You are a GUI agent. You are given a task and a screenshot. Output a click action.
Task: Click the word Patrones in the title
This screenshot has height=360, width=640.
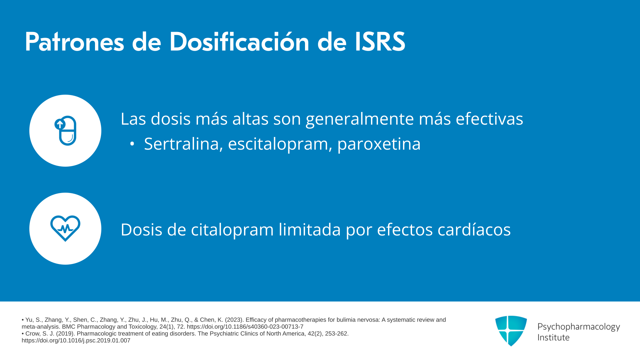coord(74,42)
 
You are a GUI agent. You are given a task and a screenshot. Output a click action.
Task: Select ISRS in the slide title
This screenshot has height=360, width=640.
coord(380,42)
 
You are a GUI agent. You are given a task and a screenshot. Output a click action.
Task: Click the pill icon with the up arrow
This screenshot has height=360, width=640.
coord(65,131)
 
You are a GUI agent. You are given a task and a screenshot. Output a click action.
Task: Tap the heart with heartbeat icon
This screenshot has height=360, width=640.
coord(65,228)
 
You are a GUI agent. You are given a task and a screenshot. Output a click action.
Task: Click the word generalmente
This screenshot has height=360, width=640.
coord(360,119)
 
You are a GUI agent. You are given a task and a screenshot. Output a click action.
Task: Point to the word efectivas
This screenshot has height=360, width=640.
coord(489,119)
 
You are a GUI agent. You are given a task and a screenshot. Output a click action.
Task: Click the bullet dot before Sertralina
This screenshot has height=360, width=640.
coord(132,144)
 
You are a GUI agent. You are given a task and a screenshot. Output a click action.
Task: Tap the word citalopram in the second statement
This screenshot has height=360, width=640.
coord(232,230)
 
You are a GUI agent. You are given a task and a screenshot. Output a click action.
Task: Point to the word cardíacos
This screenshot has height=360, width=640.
coord(474,229)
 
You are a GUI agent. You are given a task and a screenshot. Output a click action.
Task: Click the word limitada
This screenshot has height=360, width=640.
coord(310,229)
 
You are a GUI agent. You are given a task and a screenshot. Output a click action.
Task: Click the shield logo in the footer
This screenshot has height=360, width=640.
coord(511,331)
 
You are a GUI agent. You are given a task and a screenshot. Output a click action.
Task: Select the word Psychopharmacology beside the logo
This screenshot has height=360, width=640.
coord(579,327)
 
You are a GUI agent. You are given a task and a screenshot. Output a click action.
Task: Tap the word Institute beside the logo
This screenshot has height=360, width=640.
coord(554,337)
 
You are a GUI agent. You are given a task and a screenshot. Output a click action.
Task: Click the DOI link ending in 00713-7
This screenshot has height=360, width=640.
coord(245,327)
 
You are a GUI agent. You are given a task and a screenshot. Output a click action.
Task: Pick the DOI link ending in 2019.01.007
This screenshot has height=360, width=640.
coord(76,341)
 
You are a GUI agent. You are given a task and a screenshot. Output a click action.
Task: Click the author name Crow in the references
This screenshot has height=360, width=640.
coord(32,334)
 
